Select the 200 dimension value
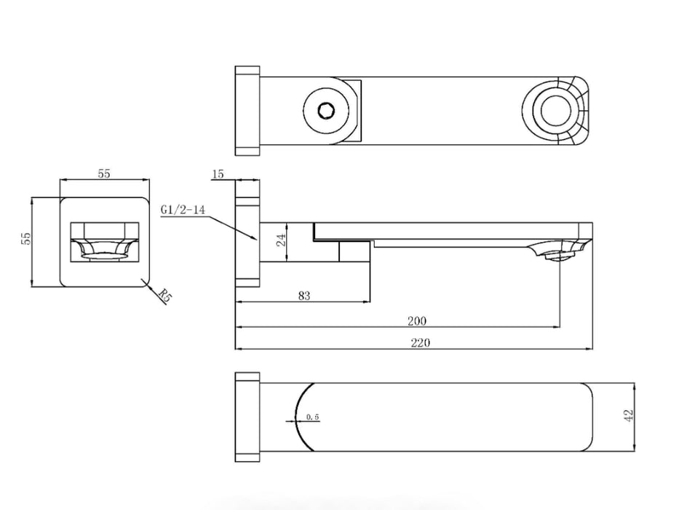click(x=417, y=321)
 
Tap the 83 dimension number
click(x=304, y=296)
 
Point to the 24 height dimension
click(x=282, y=240)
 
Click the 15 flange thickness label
click(x=218, y=174)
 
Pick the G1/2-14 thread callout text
click(x=183, y=210)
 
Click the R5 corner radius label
click(x=165, y=296)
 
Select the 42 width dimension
click(x=628, y=415)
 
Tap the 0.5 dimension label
click(x=312, y=417)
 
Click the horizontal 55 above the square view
click(x=104, y=173)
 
